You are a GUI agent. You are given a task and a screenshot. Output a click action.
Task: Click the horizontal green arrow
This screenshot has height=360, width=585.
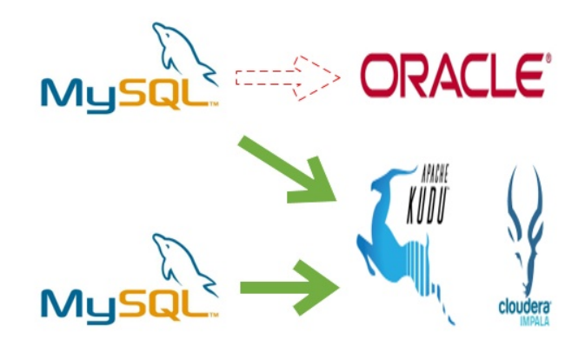pos(287,285)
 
